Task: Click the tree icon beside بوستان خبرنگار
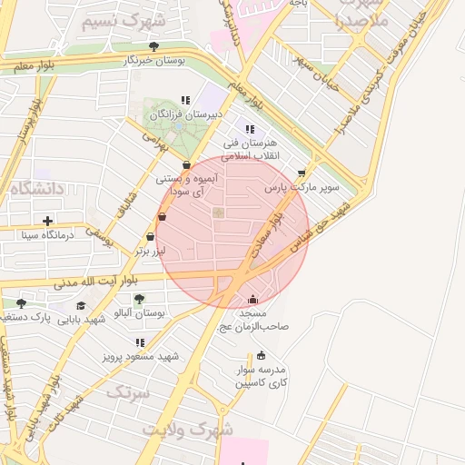point(153,46)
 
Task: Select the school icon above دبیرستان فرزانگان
point(186,101)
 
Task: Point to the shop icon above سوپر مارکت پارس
point(302,173)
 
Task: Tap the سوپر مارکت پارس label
point(302,188)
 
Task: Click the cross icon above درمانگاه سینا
point(47,220)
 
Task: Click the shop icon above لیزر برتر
point(163,217)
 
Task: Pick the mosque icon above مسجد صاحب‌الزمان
point(252,300)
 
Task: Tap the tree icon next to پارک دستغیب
point(21,303)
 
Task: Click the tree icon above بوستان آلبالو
point(138,299)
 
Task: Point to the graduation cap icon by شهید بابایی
point(82,305)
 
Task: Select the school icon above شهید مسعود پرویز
point(140,342)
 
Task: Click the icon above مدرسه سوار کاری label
point(262,355)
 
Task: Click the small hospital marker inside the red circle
point(218,213)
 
